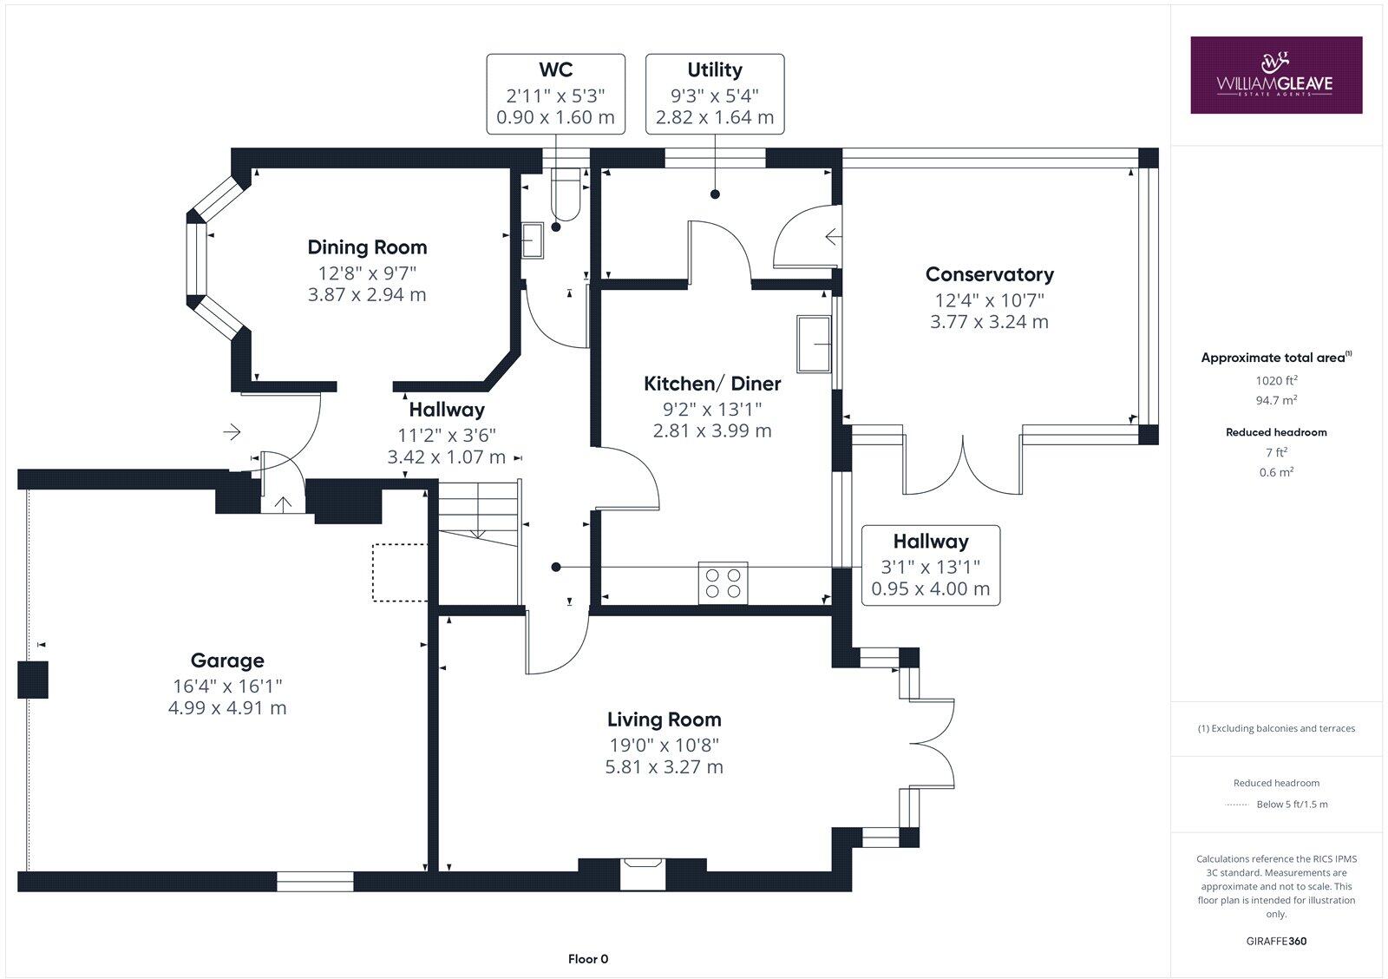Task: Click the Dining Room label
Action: [367, 247]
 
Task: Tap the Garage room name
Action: [227, 661]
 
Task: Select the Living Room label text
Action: [665, 719]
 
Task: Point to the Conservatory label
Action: [990, 274]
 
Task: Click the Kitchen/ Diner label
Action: [712, 384]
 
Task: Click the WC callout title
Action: [556, 69]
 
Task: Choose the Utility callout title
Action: [715, 70]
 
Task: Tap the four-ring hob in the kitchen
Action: [723, 583]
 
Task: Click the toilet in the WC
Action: [566, 194]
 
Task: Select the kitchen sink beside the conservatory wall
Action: [815, 344]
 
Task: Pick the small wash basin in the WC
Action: [533, 240]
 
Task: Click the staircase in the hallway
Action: [478, 542]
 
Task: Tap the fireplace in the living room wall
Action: [643, 874]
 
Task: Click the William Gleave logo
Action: [1276, 75]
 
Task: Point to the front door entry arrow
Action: [232, 431]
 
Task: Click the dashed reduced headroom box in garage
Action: [400, 572]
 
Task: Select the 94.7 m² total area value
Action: [1276, 400]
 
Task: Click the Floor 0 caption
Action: [588, 959]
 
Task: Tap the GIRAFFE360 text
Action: [1276, 941]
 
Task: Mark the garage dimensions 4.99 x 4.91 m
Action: [227, 708]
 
